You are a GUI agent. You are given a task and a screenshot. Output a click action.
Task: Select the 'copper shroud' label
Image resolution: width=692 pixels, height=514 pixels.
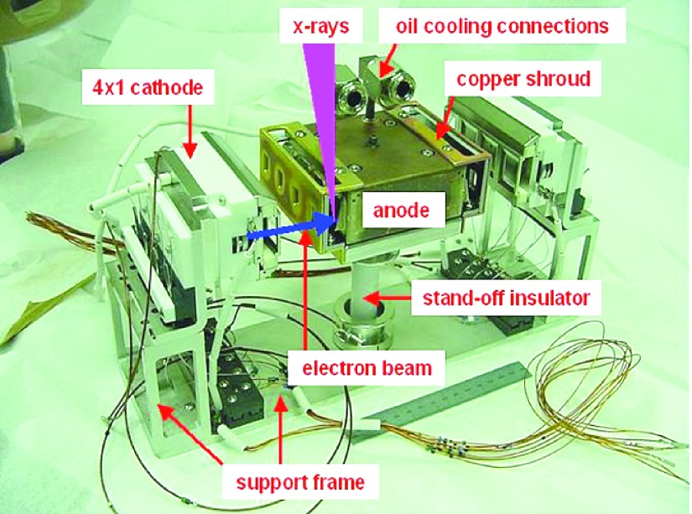click(x=523, y=80)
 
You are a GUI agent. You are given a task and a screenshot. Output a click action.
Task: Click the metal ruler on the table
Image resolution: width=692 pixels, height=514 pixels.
click(x=453, y=395)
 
